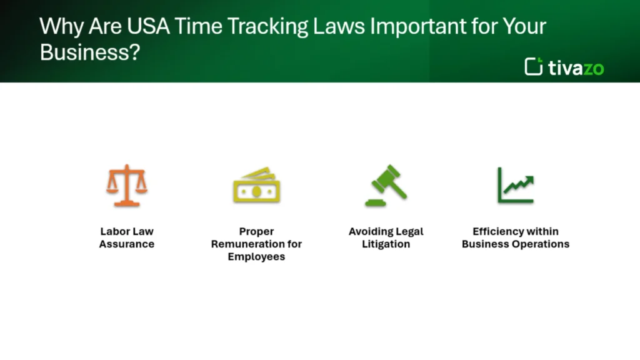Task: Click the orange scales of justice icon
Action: pos(127,185)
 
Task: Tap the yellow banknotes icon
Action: pos(256,185)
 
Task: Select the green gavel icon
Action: pos(386,185)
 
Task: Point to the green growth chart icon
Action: pos(516,185)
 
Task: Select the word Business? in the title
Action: pos(89,52)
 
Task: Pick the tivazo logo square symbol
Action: pos(533,66)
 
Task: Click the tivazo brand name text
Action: pos(576,67)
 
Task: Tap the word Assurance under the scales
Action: pos(127,244)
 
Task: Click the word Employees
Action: pos(256,257)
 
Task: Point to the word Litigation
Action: pos(386,244)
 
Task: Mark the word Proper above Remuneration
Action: pos(256,231)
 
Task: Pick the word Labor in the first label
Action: pos(112,231)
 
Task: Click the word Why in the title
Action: pos(56,26)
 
